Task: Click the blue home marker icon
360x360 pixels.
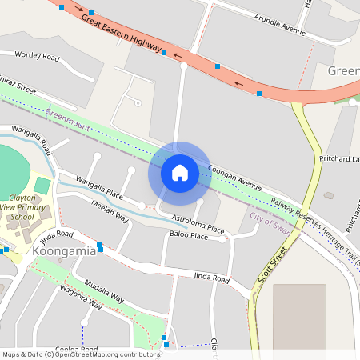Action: (x=180, y=173)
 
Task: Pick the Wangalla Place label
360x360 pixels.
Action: (x=99, y=187)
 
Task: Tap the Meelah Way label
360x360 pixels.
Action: (x=110, y=210)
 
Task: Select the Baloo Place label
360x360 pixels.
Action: (x=189, y=236)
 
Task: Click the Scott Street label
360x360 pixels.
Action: (x=272, y=273)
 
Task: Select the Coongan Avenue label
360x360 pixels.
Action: (x=234, y=177)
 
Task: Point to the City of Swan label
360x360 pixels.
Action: (x=270, y=218)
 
